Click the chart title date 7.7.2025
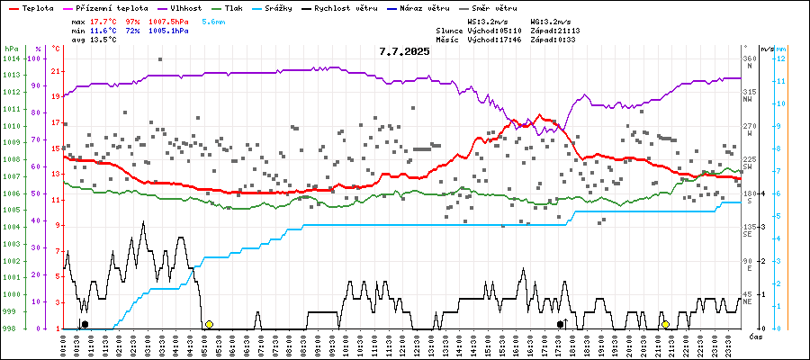[404, 51]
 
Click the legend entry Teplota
[32, 7]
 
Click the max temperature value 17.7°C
[103, 20]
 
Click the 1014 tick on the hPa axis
[11, 58]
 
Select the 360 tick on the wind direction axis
[748, 58]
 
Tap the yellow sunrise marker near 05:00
[209, 324]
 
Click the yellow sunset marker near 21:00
[665, 324]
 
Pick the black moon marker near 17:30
[560, 324]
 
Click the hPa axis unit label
[11, 49]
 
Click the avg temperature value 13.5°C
[103, 40]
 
